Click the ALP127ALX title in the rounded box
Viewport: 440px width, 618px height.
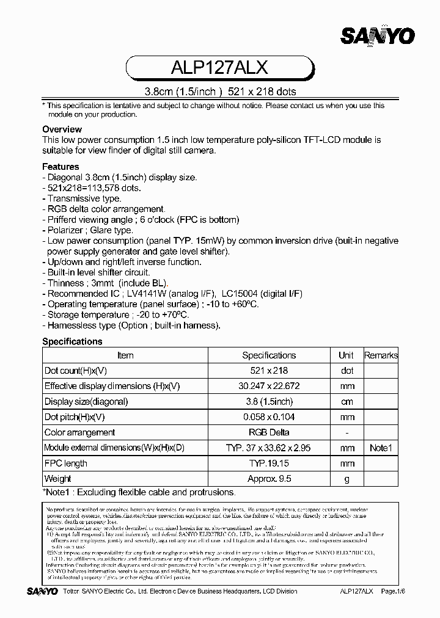tap(220, 67)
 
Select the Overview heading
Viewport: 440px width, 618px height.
tap(62, 129)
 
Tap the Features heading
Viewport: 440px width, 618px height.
tap(61, 167)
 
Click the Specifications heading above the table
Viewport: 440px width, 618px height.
tap(72, 341)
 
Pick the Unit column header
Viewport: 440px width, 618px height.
tap(346, 355)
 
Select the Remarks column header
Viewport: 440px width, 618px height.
tap(381, 355)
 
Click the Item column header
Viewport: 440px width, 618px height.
tap(125, 355)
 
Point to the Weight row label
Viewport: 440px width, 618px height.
tap(58, 479)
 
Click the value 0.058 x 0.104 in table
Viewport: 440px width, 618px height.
tap(269, 417)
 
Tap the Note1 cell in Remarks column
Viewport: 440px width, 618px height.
tap(381, 448)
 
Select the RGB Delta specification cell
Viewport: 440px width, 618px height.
tap(269, 432)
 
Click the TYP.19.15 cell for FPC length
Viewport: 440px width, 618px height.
tap(269, 463)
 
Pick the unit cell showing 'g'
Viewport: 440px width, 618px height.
tap(346, 479)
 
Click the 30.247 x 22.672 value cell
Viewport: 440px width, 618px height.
tap(269, 386)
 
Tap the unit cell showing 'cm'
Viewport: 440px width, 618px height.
tap(346, 402)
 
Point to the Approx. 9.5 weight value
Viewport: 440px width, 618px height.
tap(269, 479)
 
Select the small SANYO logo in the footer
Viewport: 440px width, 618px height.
tap(42, 591)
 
